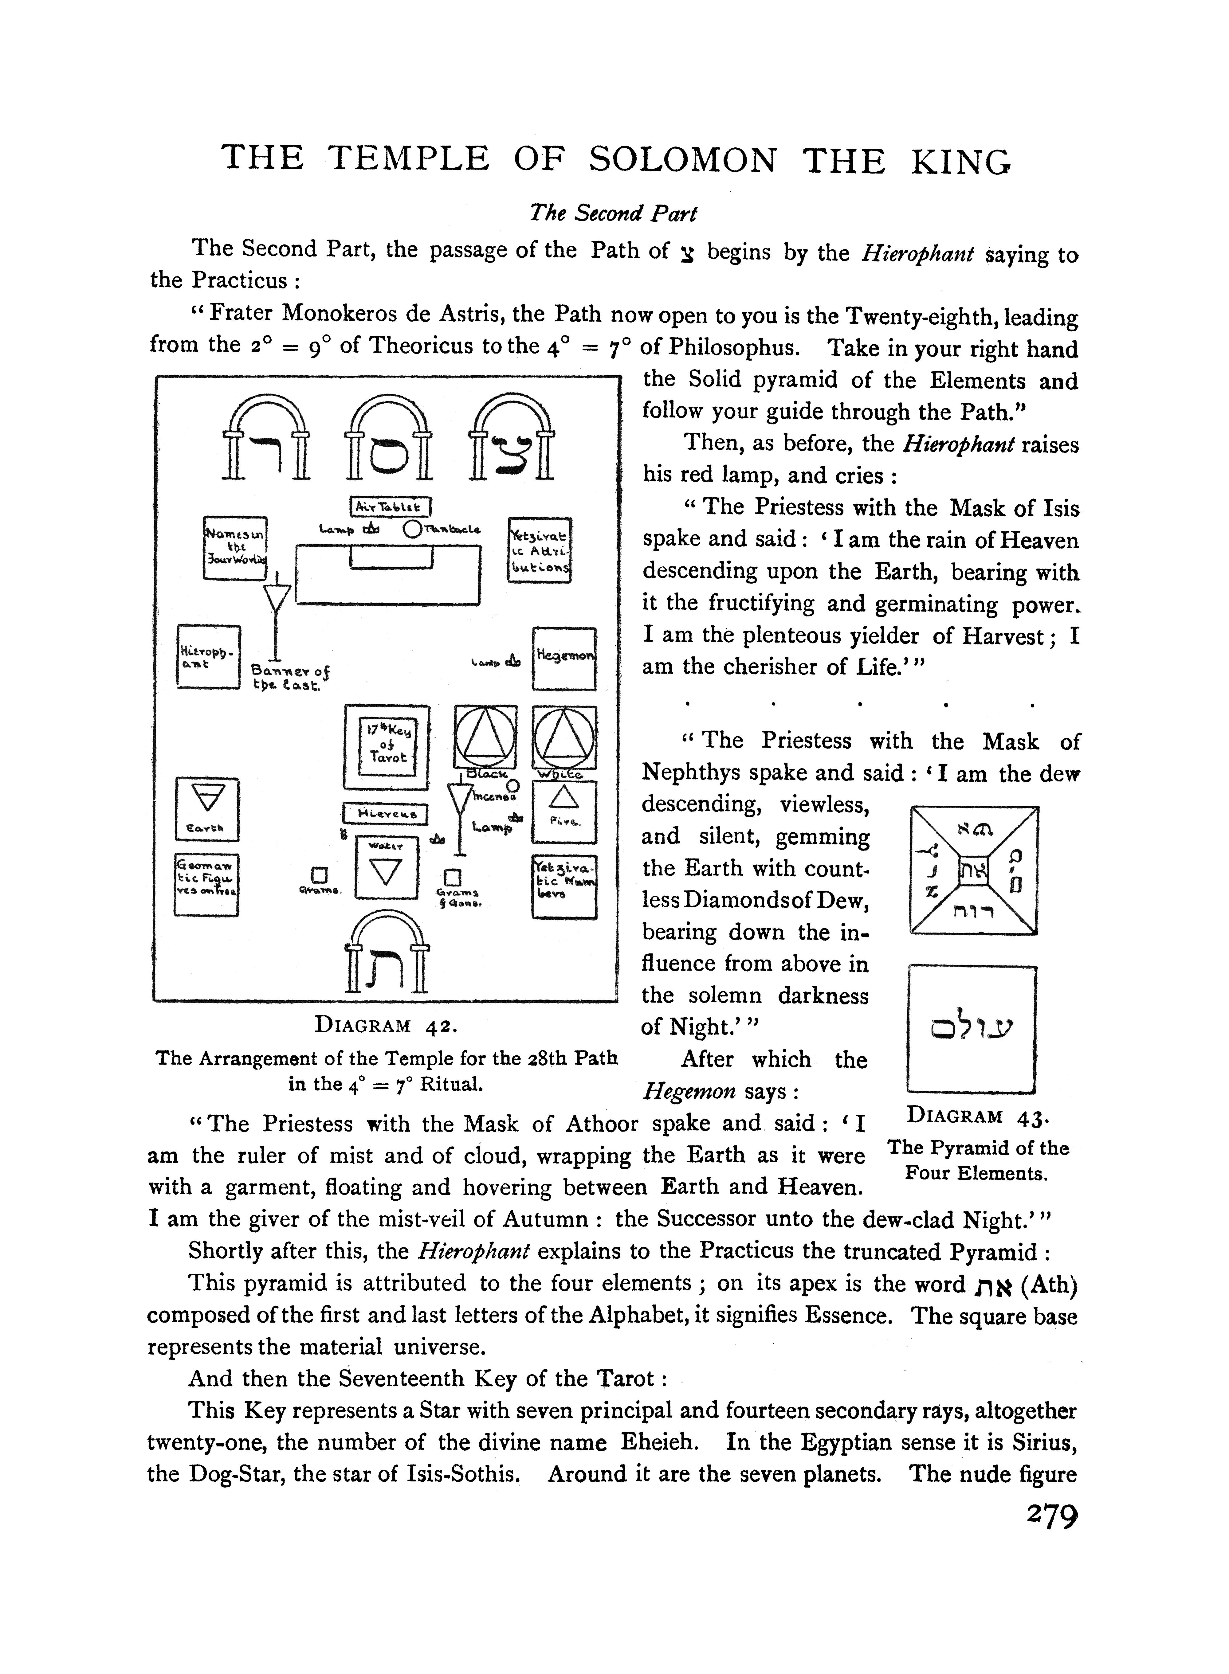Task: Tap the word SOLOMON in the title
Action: pyautogui.click(x=684, y=160)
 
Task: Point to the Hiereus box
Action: pyautogui.click(x=385, y=814)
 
